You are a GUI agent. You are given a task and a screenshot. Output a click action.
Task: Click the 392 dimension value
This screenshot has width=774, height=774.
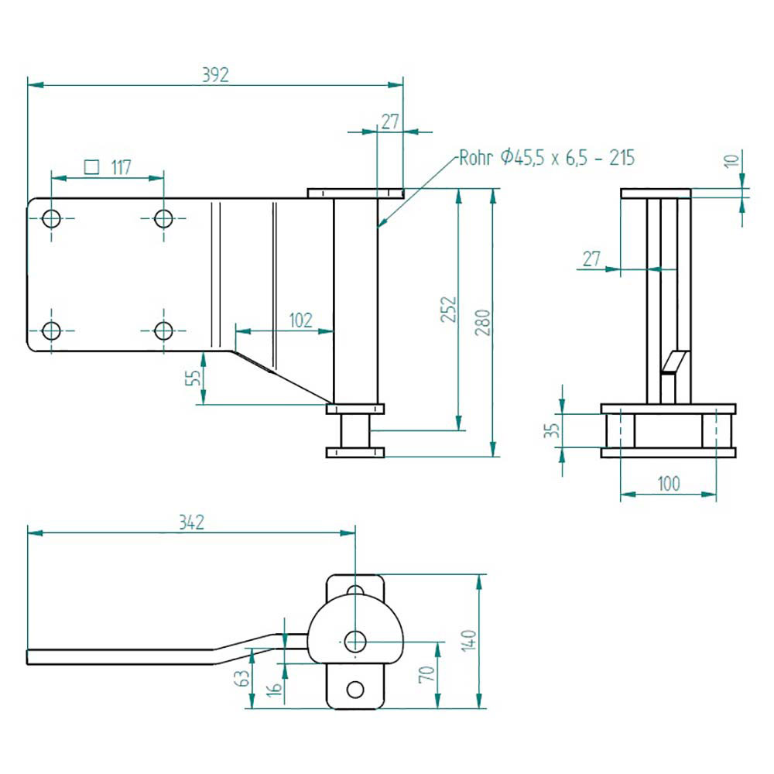215,74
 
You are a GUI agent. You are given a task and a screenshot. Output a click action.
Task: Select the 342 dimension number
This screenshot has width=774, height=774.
190,522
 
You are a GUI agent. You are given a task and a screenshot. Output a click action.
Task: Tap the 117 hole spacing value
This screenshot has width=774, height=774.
119,166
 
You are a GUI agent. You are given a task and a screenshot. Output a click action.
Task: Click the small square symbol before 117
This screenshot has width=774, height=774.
91,166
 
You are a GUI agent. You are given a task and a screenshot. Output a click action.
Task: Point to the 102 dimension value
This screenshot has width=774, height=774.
300,320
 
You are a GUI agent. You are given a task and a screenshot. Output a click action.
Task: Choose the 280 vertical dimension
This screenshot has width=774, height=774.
484,321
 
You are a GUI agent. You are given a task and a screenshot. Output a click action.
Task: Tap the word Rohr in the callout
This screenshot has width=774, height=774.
475,159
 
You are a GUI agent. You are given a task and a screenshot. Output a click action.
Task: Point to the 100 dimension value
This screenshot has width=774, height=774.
668,484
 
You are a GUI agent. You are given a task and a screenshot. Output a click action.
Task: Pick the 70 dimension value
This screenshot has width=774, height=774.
426,674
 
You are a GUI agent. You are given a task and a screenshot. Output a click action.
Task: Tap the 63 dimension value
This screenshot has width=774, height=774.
242,679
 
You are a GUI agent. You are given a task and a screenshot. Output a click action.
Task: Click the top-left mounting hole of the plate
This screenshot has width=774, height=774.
52,218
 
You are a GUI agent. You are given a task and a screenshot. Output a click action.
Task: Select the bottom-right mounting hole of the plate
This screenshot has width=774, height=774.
163,331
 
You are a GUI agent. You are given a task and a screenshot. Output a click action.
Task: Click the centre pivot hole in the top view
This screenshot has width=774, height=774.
355,640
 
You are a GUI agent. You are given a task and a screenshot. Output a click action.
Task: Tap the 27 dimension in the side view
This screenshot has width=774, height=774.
591,259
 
